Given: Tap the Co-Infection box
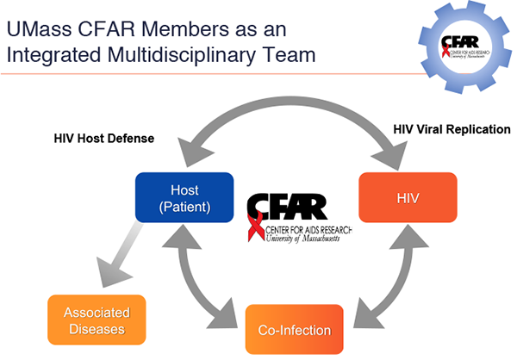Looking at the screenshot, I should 295,329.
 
